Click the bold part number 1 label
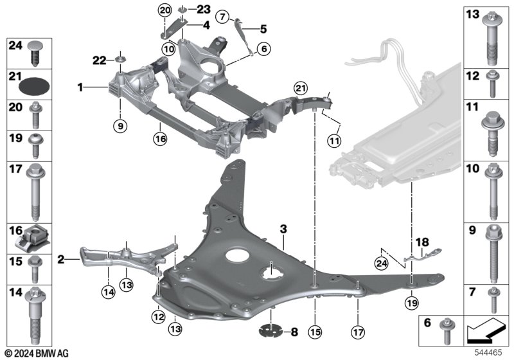pyautogui.click(x=80, y=85)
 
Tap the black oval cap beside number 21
pyautogui.click(x=31, y=84)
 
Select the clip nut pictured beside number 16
pyautogui.click(x=31, y=239)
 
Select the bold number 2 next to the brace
pyautogui.click(x=60, y=260)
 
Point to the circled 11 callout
pyautogui.click(x=334, y=139)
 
